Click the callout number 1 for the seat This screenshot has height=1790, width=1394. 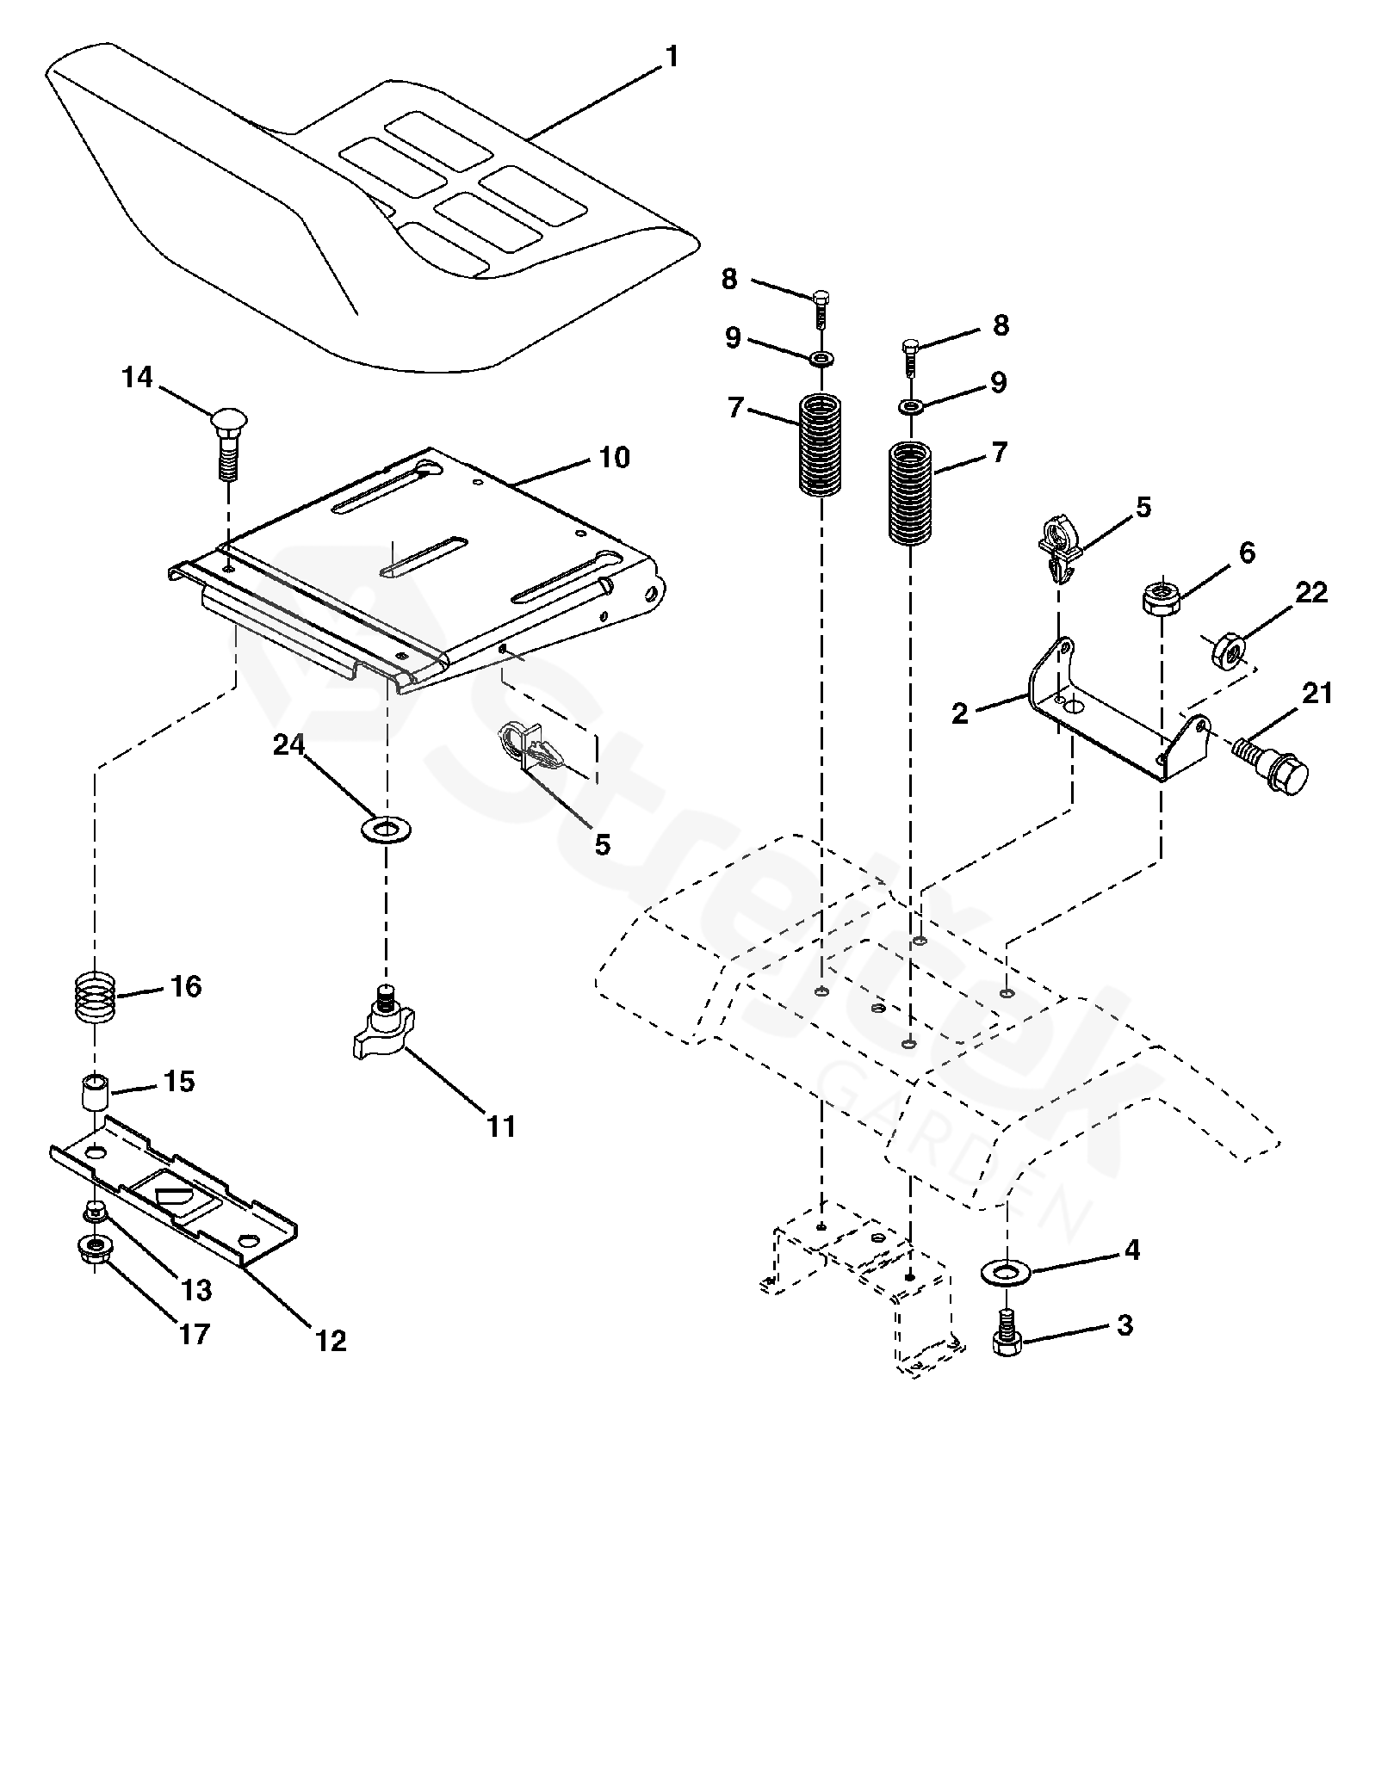(x=672, y=58)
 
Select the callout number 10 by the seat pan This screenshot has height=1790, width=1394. (x=615, y=457)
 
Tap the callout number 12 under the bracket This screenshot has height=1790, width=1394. (x=331, y=1340)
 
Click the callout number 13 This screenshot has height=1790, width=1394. (x=195, y=1289)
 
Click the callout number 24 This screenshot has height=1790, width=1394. (x=289, y=745)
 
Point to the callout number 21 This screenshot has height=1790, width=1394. (x=1317, y=694)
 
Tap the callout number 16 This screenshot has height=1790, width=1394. (x=186, y=986)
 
